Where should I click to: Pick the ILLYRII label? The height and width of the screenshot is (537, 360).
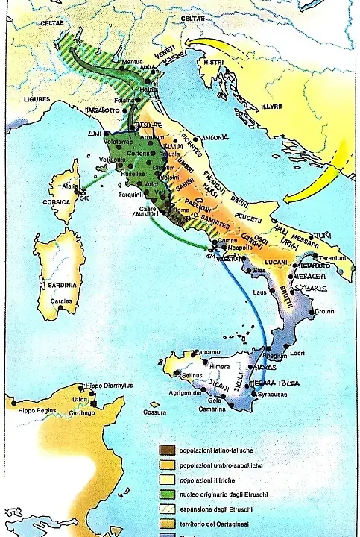click(x=272, y=107)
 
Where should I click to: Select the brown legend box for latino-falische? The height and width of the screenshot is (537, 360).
click(x=162, y=450)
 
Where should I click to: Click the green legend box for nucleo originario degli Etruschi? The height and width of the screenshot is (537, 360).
click(x=162, y=493)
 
